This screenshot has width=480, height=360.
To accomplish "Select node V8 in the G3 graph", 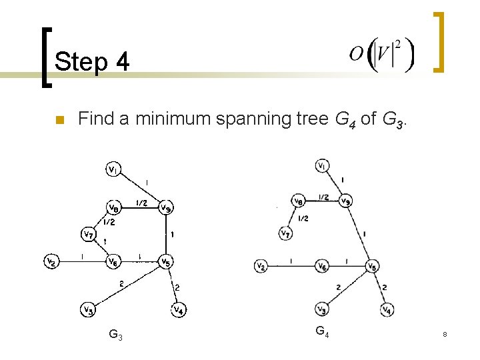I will [x=115, y=205].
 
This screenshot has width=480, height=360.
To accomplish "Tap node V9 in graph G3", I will [x=165, y=207].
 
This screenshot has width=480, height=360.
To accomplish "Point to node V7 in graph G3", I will [x=88, y=234].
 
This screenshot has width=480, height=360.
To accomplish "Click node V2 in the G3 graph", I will [x=51, y=262].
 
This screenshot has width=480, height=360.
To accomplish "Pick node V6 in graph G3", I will [x=115, y=261].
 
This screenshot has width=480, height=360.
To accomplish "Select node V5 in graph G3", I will [x=165, y=262].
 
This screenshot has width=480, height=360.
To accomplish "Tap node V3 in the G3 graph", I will [x=88, y=309].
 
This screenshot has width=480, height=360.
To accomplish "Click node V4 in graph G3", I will [x=178, y=309].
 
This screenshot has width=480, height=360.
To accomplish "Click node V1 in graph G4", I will [x=322, y=165].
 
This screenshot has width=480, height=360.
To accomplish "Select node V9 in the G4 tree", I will [x=346, y=200].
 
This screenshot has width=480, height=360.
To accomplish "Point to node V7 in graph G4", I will [x=287, y=233].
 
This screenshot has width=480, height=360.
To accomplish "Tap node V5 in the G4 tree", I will [x=374, y=267].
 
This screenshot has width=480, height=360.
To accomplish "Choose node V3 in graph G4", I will [x=322, y=310].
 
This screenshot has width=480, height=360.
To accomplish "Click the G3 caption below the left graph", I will [x=115, y=334].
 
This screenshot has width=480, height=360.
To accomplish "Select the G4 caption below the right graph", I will [x=321, y=331].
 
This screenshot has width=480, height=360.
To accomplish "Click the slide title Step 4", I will [x=92, y=62].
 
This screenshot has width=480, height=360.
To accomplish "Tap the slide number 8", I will [x=444, y=333].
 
